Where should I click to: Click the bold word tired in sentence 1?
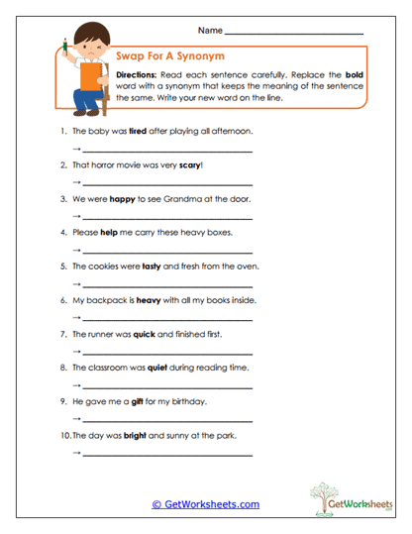click(x=140, y=130)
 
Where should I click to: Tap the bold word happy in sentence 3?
click(x=122, y=198)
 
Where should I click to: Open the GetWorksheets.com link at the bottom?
click(x=205, y=503)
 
